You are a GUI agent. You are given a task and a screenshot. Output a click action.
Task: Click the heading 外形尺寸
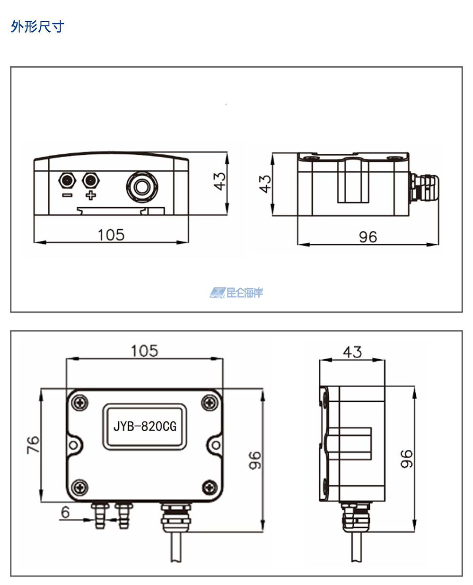37,27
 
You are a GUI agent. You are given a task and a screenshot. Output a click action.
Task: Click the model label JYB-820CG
145,427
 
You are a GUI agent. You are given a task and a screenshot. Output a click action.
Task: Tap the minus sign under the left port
67,195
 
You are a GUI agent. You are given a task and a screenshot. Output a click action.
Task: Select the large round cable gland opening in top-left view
142,186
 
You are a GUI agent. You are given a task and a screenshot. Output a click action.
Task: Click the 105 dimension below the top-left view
111,235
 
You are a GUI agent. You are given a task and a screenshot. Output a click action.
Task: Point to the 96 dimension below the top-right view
368,237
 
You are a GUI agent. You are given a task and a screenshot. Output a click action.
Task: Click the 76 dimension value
33,445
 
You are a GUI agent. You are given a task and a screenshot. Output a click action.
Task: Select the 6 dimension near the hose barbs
65,512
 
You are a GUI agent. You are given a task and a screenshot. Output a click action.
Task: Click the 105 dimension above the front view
145,351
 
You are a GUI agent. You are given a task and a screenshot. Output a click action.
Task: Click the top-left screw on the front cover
80,403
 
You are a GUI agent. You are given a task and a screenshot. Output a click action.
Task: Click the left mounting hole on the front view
73,445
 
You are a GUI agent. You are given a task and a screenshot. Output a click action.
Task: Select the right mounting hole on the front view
216,445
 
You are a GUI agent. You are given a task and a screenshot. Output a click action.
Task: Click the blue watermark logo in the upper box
236,292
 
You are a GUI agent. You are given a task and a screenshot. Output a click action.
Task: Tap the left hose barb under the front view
100,516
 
